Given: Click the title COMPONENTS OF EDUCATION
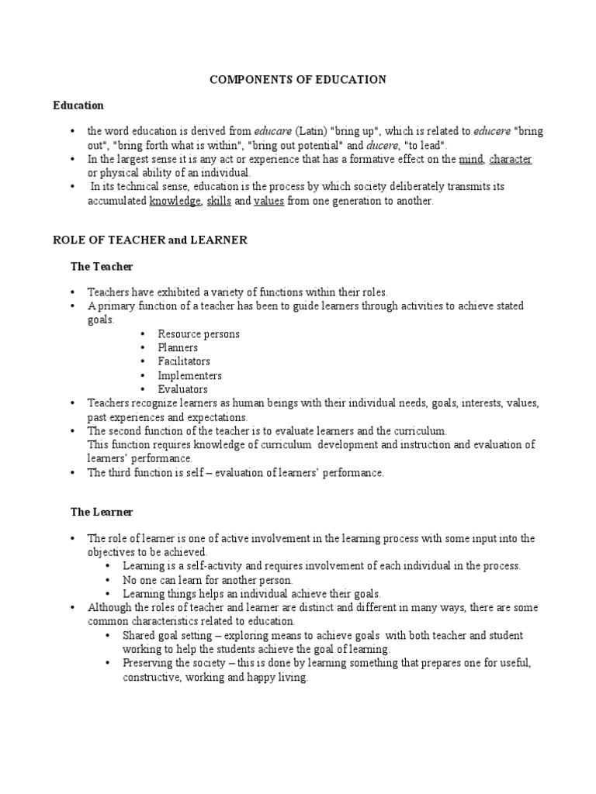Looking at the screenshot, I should pos(298,80).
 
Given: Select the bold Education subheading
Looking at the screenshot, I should pos(78,105).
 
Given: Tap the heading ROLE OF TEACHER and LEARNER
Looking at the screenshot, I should pos(150,240).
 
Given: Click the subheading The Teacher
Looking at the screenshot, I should pos(102,266).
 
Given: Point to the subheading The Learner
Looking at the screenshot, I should pos(102,512).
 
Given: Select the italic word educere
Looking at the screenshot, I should pos(490,132).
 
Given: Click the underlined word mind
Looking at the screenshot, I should pos(470,159).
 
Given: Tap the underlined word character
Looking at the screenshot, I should pos(510,159).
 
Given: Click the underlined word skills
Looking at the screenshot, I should pos(219,201).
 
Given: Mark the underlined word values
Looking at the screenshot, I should pos(269,201).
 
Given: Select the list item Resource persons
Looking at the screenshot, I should pos(199,334).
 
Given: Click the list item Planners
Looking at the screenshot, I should pos(178,348).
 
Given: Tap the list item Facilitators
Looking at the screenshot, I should pos(184,361).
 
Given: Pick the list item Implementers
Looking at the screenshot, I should pos(189,375).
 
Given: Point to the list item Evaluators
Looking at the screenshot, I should pos(182,389).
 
